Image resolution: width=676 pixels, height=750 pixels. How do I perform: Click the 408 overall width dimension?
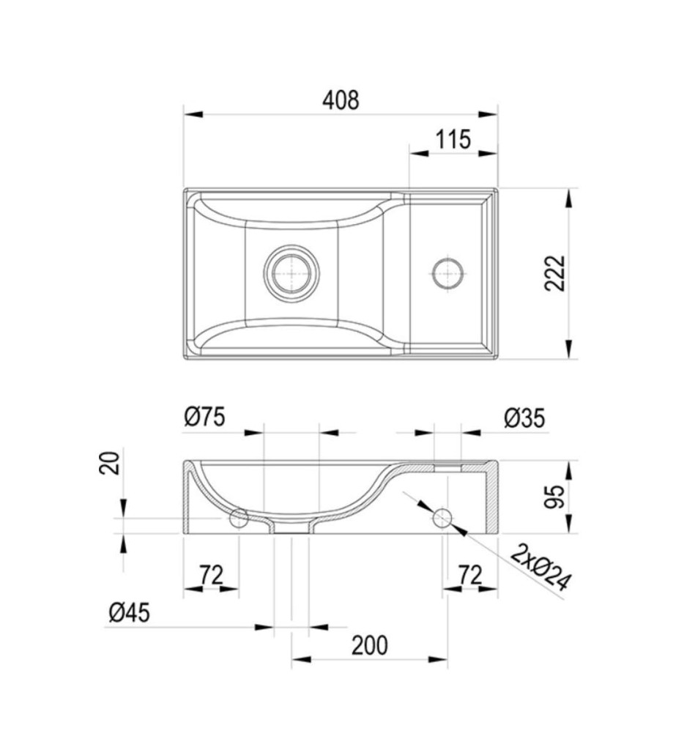pos(341,100)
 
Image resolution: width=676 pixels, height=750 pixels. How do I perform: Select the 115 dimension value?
pos(453,140)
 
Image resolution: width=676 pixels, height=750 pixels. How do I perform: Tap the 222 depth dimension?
pos(555,273)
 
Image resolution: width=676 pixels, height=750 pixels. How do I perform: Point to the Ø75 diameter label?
pos(204,417)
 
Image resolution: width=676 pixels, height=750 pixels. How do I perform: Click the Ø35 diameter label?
pos(524,418)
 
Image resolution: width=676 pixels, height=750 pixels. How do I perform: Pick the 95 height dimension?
pos(555,497)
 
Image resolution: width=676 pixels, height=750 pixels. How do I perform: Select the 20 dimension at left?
pos(109,462)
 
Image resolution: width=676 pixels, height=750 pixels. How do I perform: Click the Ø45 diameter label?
pos(129,612)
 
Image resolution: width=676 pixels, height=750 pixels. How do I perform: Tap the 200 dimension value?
pos(370,645)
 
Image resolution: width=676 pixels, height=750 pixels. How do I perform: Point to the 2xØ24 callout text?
pos(541,568)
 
